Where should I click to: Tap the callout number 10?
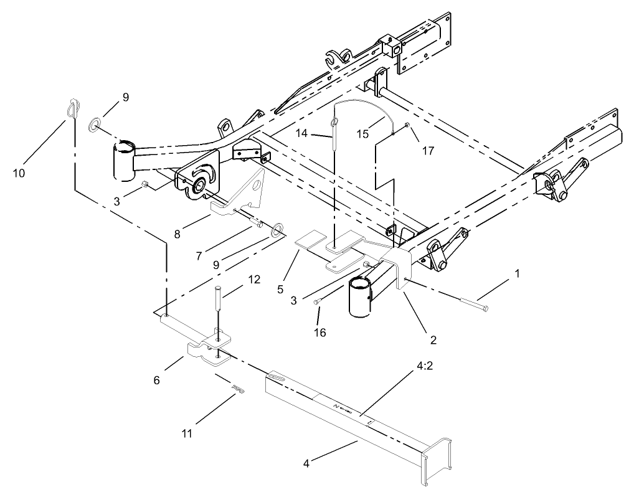[x=19, y=173]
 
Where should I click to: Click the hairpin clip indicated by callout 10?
[x=74, y=108]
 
